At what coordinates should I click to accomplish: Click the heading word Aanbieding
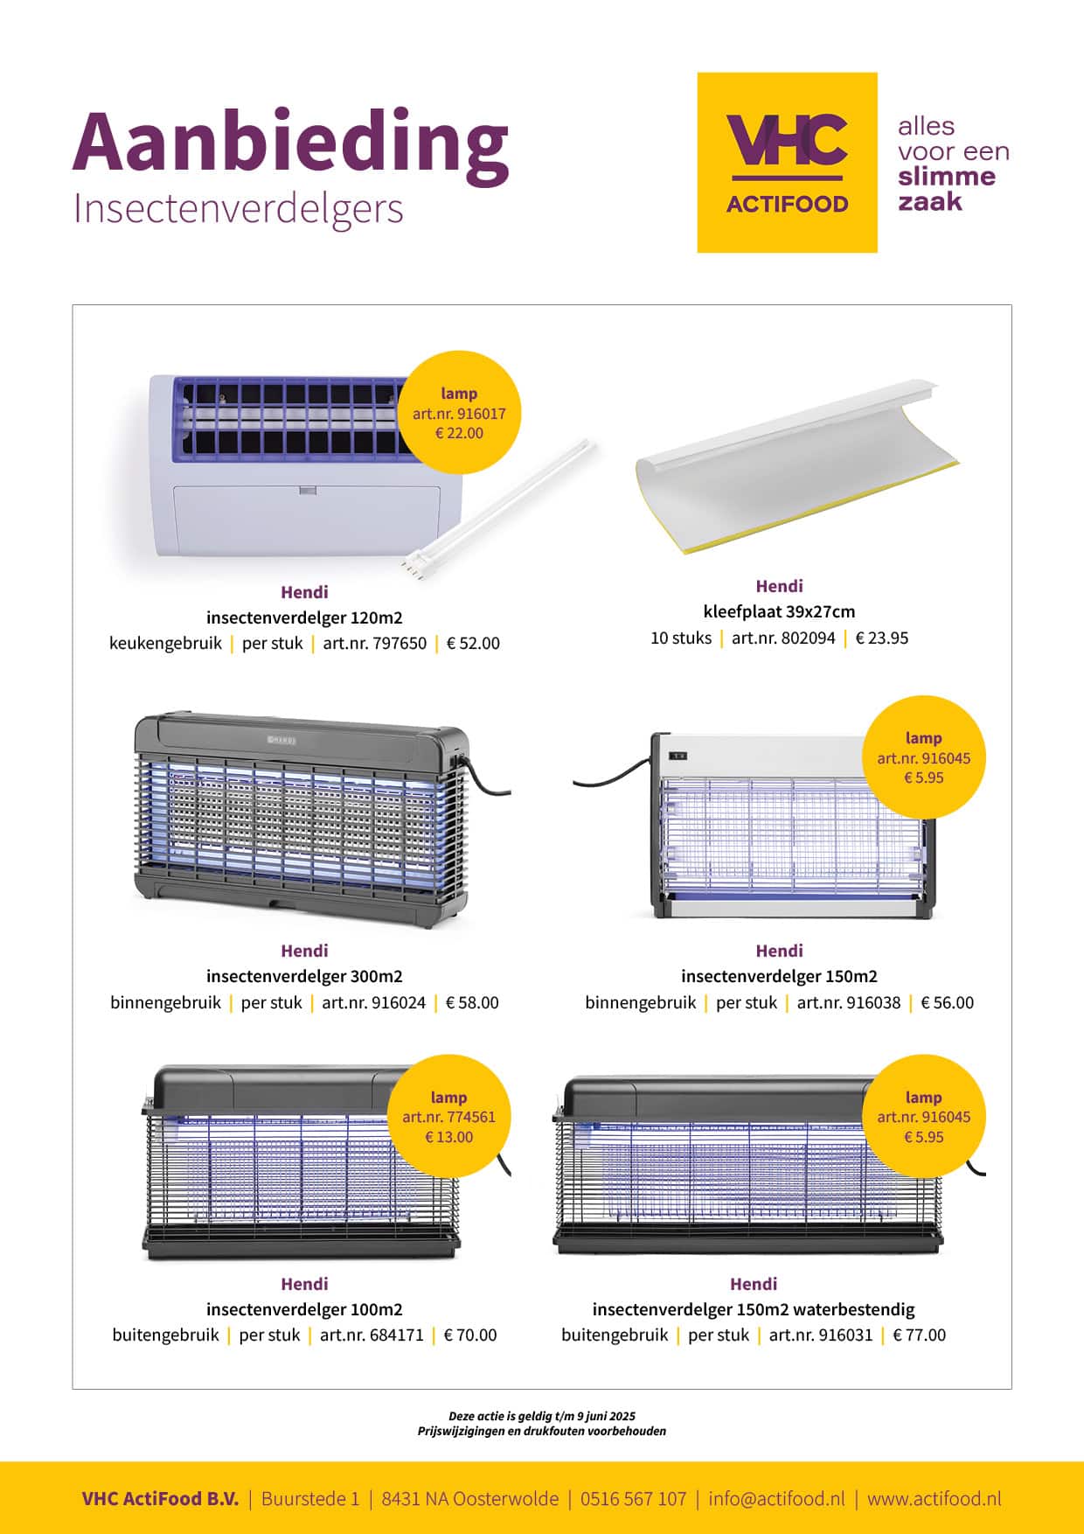click(289, 143)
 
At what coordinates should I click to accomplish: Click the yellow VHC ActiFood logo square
click(787, 163)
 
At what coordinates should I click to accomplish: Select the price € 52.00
click(473, 644)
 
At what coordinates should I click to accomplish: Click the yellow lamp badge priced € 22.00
click(459, 414)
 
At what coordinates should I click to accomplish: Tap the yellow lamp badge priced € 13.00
click(448, 1117)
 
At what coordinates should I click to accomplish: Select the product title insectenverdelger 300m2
click(304, 976)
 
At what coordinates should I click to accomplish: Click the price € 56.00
click(947, 1003)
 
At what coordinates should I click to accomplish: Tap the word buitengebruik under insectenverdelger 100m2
click(165, 1335)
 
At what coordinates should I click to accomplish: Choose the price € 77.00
click(919, 1335)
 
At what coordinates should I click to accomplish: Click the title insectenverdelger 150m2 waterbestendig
click(754, 1309)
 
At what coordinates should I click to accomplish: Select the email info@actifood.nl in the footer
click(776, 1498)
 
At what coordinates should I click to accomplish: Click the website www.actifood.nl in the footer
click(934, 1498)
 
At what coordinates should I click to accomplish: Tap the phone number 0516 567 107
click(633, 1498)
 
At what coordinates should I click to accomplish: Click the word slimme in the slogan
click(947, 177)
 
